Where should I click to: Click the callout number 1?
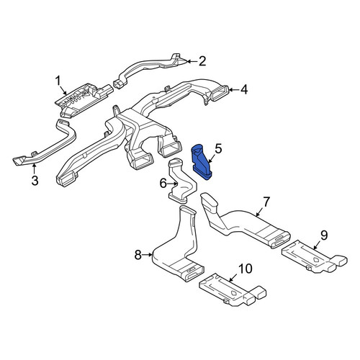58,81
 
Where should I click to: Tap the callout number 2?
202,61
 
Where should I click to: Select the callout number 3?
35,181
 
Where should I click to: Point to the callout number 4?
244,90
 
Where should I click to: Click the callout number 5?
218,149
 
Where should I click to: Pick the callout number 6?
163,184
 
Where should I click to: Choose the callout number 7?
266,202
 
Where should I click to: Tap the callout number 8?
138,255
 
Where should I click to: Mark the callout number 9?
324,235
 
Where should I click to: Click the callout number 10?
246,269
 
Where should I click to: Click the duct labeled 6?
182,181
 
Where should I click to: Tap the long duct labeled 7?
243,225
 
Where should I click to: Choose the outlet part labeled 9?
315,257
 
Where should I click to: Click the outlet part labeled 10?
232,290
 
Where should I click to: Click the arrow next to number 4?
234,90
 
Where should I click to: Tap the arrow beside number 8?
147,255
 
